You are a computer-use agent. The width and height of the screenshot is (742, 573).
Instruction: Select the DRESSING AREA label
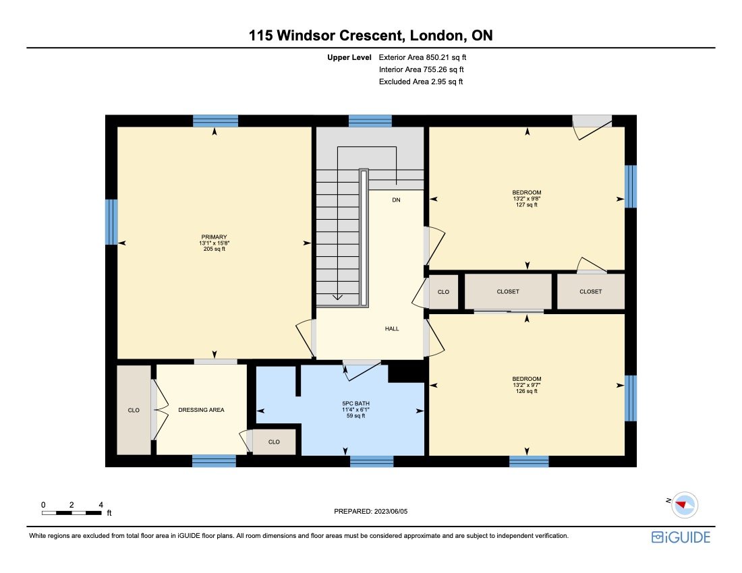[x=201, y=409]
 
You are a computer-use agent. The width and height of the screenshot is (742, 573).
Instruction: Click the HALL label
[x=392, y=328]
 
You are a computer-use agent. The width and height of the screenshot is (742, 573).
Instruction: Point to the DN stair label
[x=396, y=200]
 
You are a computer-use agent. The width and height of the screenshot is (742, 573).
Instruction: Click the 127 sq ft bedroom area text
[x=526, y=205]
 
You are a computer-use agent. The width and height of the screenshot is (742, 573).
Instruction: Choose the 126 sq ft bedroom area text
[x=526, y=391]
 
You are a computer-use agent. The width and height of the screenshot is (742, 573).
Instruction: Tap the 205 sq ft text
[x=214, y=249]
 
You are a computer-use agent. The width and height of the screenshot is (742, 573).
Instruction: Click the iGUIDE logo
[x=680, y=537]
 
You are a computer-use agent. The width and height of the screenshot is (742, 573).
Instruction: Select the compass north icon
[x=685, y=504]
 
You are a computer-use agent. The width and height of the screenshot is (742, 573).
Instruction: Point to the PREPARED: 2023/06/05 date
[x=371, y=512]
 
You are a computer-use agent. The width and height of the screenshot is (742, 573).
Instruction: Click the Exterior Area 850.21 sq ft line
[x=422, y=58]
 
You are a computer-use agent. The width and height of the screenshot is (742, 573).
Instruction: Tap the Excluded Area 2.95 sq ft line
[x=421, y=82]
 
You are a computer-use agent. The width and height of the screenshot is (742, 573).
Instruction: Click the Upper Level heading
[x=349, y=58]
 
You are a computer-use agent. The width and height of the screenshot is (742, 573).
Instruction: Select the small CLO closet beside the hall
[x=443, y=292]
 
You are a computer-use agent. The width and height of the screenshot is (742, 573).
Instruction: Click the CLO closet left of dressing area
[x=134, y=410]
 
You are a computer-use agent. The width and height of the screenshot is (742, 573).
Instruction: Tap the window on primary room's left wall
[x=111, y=221]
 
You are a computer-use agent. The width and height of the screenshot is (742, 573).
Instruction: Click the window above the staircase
[x=370, y=121]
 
